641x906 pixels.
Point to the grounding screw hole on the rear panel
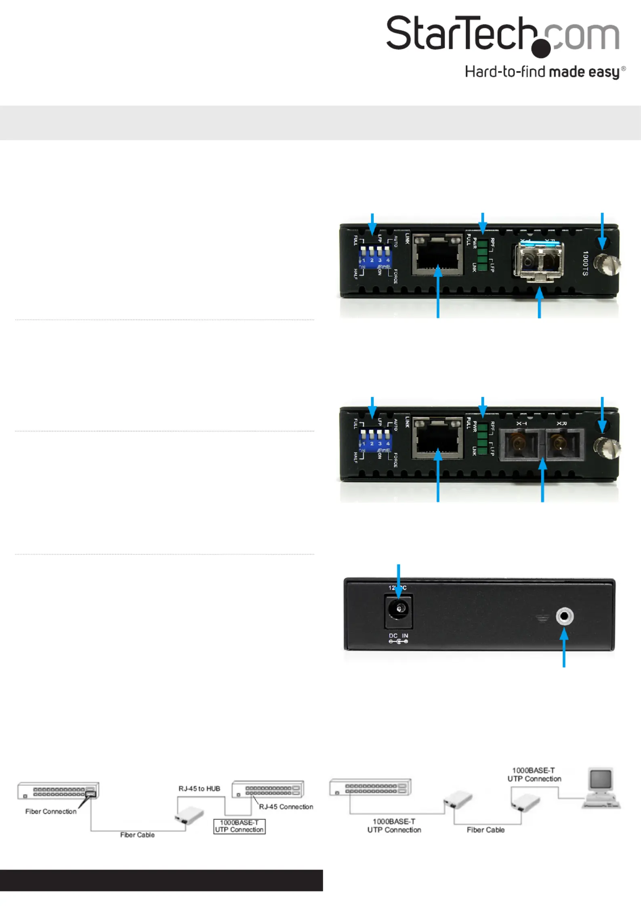coord(564,616)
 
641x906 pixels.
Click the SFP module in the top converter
coord(538,260)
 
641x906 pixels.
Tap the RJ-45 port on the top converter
coord(437,255)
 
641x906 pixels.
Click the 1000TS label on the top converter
coord(585,263)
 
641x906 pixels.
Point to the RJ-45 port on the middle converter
coord(437,439)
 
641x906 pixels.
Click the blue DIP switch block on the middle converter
coord(375,441)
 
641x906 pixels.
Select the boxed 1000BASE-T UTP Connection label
coord(239,826)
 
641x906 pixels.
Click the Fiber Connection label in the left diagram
coord(51,811)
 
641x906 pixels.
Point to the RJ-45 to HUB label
coord(199,789)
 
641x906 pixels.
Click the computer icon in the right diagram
coord(601,788)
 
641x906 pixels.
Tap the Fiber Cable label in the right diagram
coord(485,830)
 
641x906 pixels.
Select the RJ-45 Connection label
coord(286,807)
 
